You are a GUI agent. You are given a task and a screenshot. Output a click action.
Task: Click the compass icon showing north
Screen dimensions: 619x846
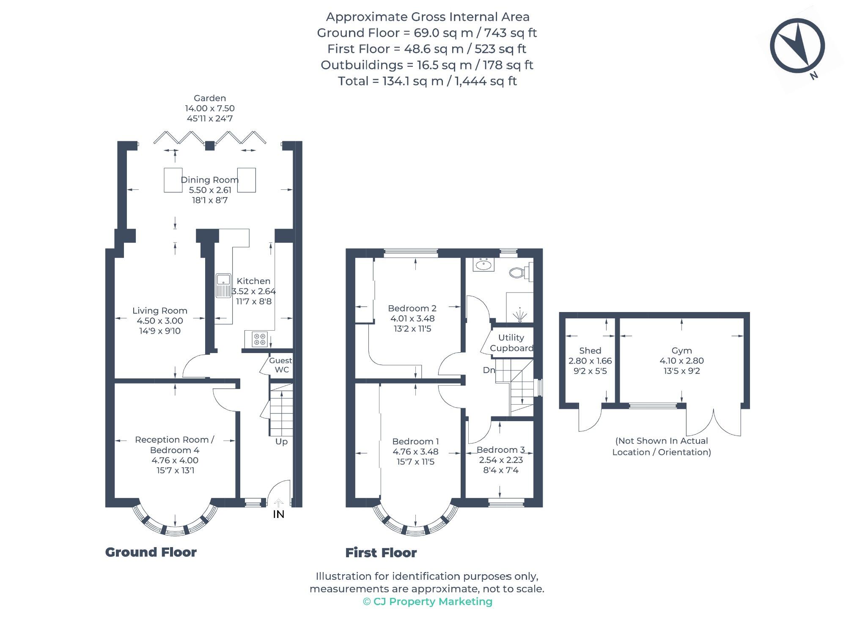[x=797, y=46]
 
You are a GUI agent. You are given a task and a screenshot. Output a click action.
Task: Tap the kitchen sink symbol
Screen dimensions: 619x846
[x=223, y=285]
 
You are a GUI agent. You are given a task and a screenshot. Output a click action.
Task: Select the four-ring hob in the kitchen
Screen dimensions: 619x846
[x=259, y=339]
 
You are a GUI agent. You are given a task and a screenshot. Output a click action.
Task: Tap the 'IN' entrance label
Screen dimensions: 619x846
[x=278, y=514]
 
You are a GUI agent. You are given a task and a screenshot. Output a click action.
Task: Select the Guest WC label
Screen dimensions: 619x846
[x=281, y=365]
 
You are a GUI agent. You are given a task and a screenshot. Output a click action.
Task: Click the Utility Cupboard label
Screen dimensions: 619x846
[x=511, y=343]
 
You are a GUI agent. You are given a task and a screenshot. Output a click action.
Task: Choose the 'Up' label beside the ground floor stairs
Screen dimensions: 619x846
[x=281, y=441]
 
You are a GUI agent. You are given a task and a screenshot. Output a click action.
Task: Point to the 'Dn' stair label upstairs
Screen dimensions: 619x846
[x=489, y=370]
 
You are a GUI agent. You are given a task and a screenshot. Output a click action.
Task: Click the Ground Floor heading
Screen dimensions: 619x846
[x=151, y=552]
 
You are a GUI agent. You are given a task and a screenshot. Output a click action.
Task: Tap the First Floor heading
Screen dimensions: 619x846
[x=381, y=553]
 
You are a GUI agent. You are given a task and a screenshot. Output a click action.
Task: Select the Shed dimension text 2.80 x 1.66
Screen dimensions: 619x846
[x=590, y=361]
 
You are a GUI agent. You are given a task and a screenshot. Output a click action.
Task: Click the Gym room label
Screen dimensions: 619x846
[x=681, y=351]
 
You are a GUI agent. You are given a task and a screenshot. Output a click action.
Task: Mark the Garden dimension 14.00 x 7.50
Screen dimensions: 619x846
[x=210, y=108]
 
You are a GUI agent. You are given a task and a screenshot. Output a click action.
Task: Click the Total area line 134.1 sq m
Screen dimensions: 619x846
[x=427, y=81]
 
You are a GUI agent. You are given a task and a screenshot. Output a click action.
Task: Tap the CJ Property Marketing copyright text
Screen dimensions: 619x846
[x=428, y=602]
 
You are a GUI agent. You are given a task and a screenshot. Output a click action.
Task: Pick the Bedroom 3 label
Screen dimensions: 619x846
[x=501, y=450]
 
